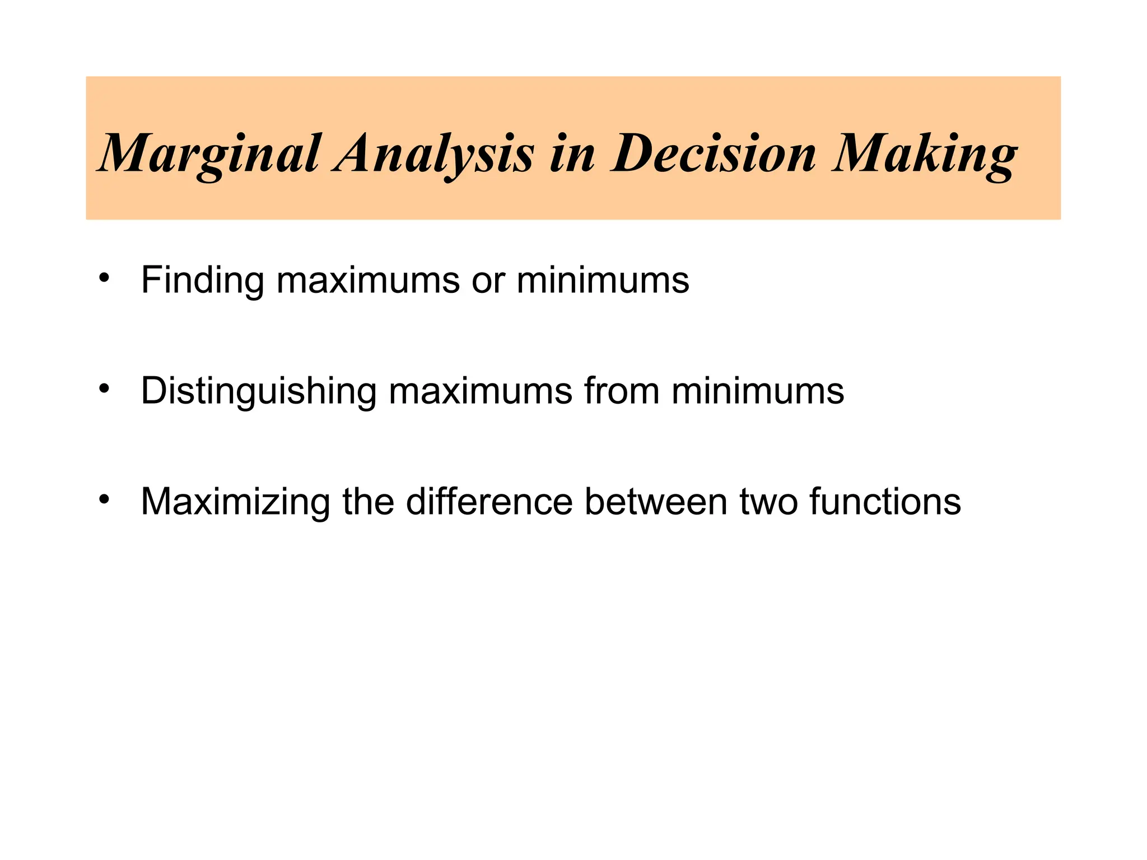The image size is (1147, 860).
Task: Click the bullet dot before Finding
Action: (x=104, y=278)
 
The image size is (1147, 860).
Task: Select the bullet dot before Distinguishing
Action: (x=104, y=389)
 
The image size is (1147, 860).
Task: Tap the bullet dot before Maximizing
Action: (x=104, y=499)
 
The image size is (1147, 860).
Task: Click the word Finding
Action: (x=202, y=279)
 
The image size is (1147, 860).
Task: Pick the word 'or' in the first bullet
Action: (x=488, y=281)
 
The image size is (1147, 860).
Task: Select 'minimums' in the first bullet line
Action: (x=603, y=279)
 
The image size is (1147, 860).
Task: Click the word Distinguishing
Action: (x=258, y=391)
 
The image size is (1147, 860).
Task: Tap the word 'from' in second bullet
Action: (x=622, y=390)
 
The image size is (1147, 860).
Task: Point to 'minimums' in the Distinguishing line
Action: (x=758, y=390)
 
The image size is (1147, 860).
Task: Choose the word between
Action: (x=656, y=501)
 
